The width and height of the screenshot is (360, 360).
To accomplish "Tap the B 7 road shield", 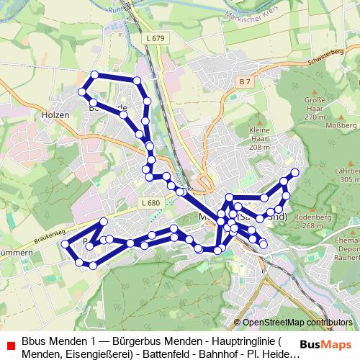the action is pos(245,81).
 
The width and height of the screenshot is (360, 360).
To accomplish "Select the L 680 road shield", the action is pos(151,203).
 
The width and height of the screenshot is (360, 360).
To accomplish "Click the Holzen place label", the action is pos(55,114).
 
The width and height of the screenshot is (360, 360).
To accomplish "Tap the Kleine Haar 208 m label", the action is pos(259,137).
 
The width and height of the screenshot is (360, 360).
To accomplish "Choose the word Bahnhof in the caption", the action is pos(210,354).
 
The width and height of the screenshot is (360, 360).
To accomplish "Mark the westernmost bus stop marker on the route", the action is pos(66,245).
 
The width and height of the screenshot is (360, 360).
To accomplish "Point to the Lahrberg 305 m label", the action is pos(348,175).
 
